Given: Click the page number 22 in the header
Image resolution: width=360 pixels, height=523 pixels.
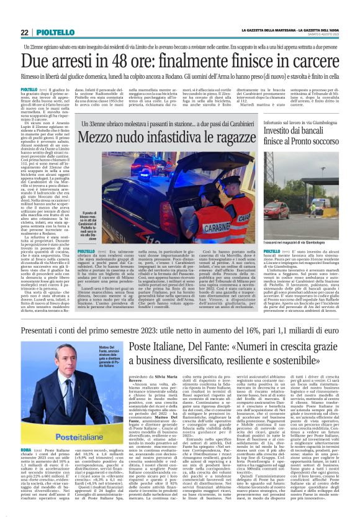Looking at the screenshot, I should pyautogui.click(x=24, y=32).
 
